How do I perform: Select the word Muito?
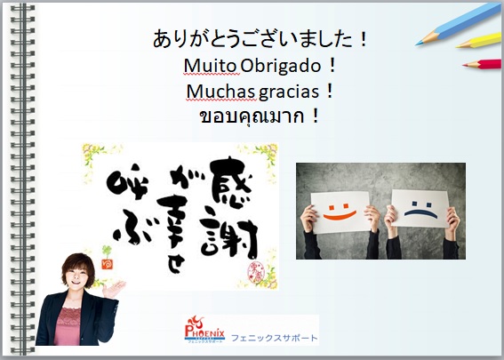pyautogui.click(x=210, y=66)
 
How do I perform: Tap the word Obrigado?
pyautogui.click(x=281, y=66)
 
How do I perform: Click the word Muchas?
pyautogui.click(x=220, y=92)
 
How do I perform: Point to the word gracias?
pyautogui.click(x=289, y=92)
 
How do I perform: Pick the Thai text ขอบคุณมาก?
pyautogui.click(x=252, y=116)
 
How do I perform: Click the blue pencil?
pyautogui.click(x=459, y=24)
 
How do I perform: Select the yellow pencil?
pyautogui.click(x=479, y=41)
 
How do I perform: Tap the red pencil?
pyautogui.click(x=482, y=64)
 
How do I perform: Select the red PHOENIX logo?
pyautogui.click(x=204, y=329)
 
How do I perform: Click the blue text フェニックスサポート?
pyautogui.click(x=274, y=338)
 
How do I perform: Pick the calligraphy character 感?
pyautogui.click(x=230, y=181)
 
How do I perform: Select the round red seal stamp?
pyautogui.click(x=256, y=273)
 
